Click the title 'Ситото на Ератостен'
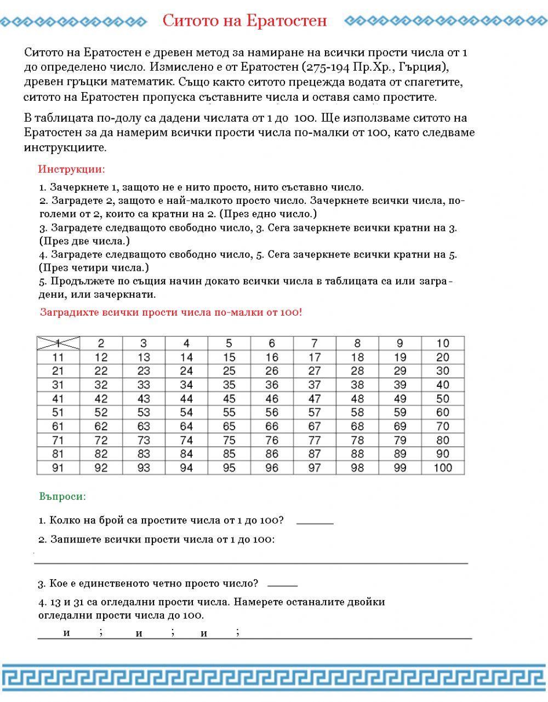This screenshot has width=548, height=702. pyautogui.click(x=244, y=21)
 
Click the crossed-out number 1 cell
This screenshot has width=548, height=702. pyautogui.click(x=58, y=343)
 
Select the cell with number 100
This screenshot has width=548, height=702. pyautogui.click(x=443, y=467)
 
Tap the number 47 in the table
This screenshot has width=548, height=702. pyautogui.click(x=315, y=398)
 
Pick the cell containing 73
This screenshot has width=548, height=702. pyautogui.click(x=144, y=440)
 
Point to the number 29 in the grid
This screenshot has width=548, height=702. pyautogui.click(x=400, y=371)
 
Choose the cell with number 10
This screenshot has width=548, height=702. pyautogui.click(x=443, y=343)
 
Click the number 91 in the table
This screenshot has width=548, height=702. pyautogui.click(x=58, y=467)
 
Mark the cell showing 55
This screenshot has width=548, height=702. pyautogui.click(x=229, y=412)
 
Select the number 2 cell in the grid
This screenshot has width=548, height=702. pyautogui.click(x=101, y=343)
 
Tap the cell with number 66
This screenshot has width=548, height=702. pyautogui.click(x=272, y=426)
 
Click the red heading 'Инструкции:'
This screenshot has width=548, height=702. pyautogui.click(x=72, y=169)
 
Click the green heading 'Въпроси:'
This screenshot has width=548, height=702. pyautogui.click(x=62, y=496)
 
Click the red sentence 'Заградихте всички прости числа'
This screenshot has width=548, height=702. pyautogui.click(x=170, y=312)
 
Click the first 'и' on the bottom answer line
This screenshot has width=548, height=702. pyautogui.click(x=66, y=633)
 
